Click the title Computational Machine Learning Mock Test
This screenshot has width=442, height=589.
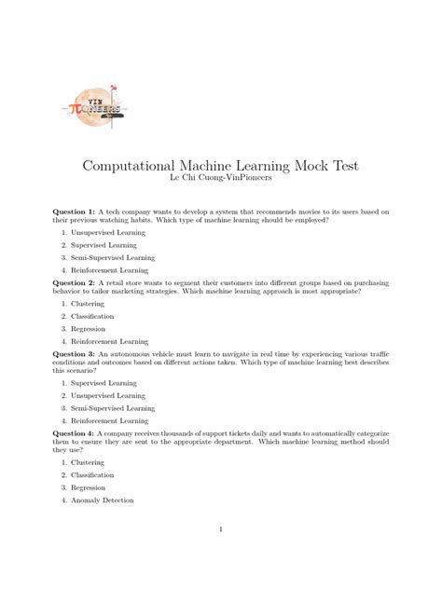pos(221,165)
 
